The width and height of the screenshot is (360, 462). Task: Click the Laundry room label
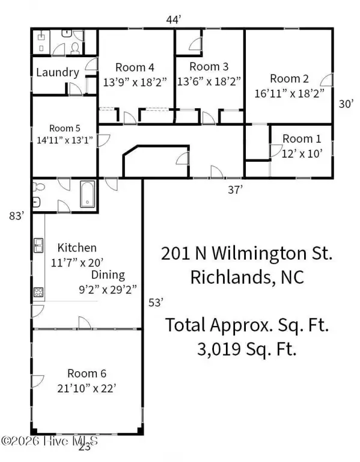(58, 72)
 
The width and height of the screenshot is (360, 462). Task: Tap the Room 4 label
(135, 67)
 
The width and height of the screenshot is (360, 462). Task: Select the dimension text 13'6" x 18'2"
(209, 81)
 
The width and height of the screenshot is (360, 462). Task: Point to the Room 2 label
(289, 79)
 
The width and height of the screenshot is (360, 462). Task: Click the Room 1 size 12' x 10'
(302, 153)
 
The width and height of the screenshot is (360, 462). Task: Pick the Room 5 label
(65, 128)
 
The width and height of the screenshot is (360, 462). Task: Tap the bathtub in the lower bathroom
(87, 194)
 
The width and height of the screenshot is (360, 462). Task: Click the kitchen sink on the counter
(38, 245)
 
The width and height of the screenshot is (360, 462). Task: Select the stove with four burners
(38, 292)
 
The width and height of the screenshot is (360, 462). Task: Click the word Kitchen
(77, 248)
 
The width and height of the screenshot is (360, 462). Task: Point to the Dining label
(108, 275)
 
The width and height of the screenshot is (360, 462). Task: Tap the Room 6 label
(87, 374)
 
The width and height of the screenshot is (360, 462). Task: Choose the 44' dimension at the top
(173, 20)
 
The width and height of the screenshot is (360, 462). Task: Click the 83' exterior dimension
(16, 216)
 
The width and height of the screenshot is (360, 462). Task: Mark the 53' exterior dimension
(156, 303)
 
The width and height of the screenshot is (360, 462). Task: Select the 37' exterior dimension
(236, 189)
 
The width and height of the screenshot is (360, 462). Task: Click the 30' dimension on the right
(346, 103)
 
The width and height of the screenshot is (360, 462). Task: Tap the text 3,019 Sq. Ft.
(246, 350)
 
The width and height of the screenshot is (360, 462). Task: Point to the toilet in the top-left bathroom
(76, 49)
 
